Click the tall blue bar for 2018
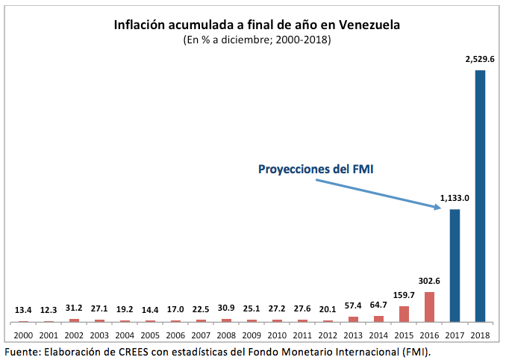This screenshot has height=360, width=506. click(x=480, y=196)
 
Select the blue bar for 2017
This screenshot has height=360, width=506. click(x=455, y=265)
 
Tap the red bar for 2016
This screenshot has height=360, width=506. click(x=429, y=307)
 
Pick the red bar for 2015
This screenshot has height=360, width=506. click(x=404, y=314)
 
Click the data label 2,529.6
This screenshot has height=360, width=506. click(x=480, y=58)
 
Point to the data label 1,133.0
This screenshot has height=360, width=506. click(x=455, y=198)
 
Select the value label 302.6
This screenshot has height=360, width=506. click(x=428, y=281)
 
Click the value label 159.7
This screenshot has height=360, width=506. click(x=403, y=295)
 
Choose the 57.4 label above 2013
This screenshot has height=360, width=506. click(x=352, y=306)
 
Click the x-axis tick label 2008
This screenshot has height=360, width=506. click(x=226, y=335)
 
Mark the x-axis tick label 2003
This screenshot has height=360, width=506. click(x=99, y=335)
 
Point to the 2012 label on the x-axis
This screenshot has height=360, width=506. click(x=328, y=335)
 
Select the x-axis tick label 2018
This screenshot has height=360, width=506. click(x=480, y=335)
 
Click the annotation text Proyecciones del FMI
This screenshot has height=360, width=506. click(x=316, y=170)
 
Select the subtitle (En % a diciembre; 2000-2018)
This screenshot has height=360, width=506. click(x=257, y=40)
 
